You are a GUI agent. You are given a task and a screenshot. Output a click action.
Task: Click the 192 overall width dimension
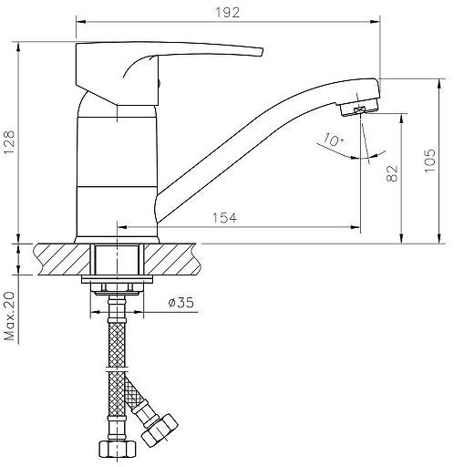[x=227, y=13]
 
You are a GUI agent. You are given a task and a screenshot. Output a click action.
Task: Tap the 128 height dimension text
[x=9, y=142]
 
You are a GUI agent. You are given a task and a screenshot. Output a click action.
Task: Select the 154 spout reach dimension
[x=224, y=218]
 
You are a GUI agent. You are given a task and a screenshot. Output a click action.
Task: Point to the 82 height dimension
[x=392, y=173]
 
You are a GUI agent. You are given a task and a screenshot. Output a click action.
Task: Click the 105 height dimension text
[x=430, y=161]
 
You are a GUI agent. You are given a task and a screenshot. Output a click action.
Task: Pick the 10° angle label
[x=334, y=140]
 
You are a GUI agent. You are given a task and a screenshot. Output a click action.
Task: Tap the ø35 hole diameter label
[x=181, y=302]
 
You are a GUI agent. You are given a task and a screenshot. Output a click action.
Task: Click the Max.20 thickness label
[x=9, y=316]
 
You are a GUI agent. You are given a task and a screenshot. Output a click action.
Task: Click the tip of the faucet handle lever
[x=262, y=52]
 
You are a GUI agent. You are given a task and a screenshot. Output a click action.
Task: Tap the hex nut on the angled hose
[x=160, y=429]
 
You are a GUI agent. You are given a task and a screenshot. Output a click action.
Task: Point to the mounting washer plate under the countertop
[x=117, y=279]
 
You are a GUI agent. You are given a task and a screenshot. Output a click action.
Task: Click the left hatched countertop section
[x=62, y=259]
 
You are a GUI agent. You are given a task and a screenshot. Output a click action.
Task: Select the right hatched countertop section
[x=172, y=259]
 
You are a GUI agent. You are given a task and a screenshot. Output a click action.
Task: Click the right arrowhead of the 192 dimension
[x=375, y=22]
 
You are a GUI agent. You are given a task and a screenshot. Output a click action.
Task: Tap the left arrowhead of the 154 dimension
[x=122, y=227]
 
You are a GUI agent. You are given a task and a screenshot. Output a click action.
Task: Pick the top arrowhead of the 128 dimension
[x=18, y=47]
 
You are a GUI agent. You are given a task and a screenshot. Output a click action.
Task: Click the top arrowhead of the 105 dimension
[x=439, y=84]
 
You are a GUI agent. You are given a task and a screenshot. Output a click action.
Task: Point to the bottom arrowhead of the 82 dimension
[x=401, y=238]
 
